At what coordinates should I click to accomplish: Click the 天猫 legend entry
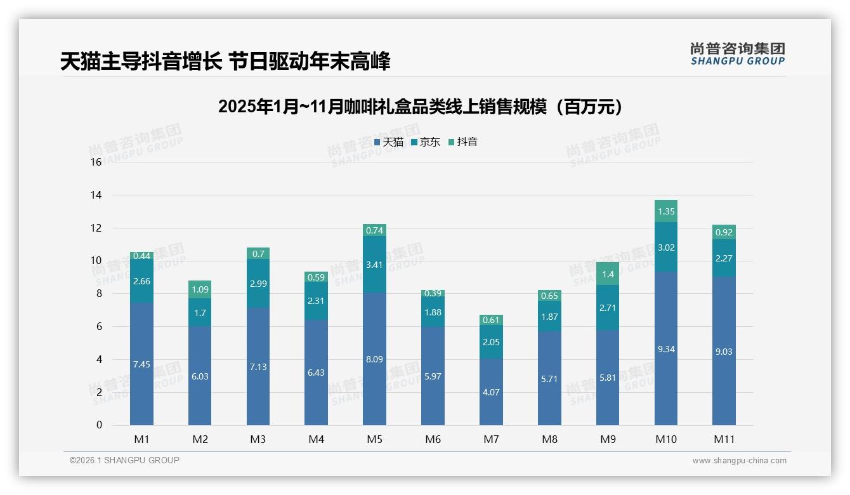(x=389, y=142)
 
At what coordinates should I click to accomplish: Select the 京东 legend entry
(x=426, y=142)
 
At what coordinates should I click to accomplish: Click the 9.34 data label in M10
(x=666, y=349)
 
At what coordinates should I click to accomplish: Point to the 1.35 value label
(x=666, y=211)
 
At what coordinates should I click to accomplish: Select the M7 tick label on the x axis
(x=491, y=439)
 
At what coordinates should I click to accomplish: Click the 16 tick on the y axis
(x=96, y=162)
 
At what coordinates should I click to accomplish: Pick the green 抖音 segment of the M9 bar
(x=608, y=274)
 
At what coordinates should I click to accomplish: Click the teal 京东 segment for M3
(x=258, y=284)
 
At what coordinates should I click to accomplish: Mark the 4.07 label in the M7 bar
(x=491, y=392)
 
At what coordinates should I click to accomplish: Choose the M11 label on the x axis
(x=724, y=439)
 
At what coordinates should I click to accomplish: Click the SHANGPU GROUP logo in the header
(x=737, y=54)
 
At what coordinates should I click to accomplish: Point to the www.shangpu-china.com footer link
(x=739, y=461)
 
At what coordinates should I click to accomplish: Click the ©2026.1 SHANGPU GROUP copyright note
(x=124, y=460)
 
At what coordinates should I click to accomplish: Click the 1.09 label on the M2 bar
(x=200, y=289)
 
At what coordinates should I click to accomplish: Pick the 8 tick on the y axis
(x=98, y=294)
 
